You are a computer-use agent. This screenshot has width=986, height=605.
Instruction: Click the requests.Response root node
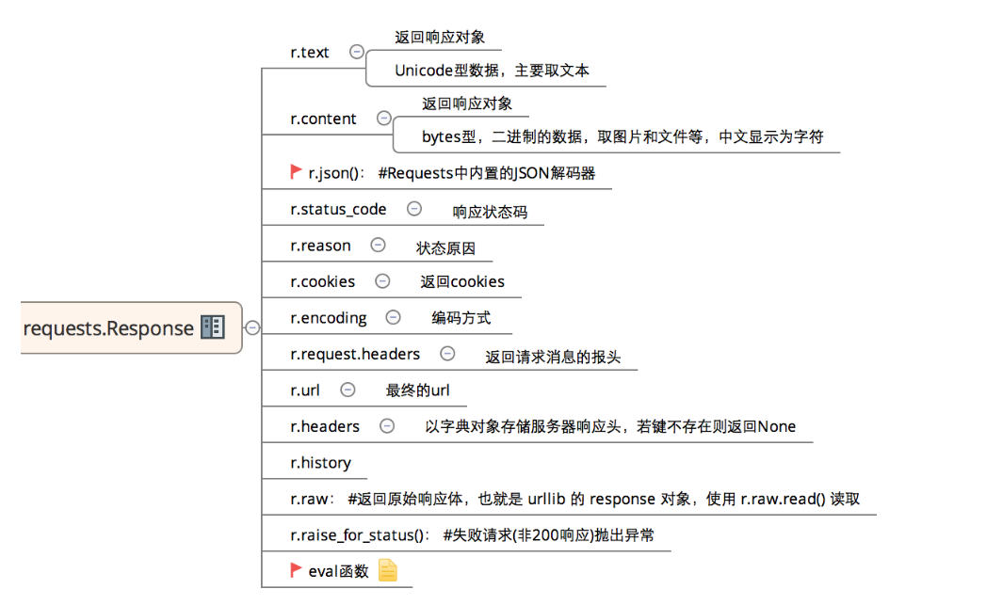point(108,328)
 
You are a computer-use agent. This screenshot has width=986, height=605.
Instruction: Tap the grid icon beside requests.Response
point(213,327)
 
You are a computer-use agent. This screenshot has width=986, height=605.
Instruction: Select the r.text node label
point(310,53)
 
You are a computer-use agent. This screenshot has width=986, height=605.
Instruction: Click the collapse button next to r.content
point(383,119)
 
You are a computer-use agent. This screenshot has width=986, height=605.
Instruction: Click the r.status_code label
point(338,209)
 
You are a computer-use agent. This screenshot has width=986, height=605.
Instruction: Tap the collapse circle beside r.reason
point(378,245)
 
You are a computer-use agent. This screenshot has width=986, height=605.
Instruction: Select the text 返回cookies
point(462,281)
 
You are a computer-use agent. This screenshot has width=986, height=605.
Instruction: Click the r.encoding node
point(329,318)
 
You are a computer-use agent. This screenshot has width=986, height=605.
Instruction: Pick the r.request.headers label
point(355,354)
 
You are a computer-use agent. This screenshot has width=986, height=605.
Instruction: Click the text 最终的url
point(417,390)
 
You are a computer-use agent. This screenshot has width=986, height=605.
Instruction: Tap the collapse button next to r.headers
point(387,426)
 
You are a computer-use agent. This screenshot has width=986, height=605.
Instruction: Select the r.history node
point(320,463)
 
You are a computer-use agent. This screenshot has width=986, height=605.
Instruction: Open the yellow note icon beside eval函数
point(388,570)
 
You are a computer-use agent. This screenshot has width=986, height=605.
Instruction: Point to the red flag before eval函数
point(297,569)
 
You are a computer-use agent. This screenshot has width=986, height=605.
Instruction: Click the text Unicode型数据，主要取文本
point(492,71)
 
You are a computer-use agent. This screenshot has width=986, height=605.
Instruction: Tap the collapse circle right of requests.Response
point(252,327)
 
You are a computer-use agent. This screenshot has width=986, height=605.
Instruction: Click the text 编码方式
point(461,318)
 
